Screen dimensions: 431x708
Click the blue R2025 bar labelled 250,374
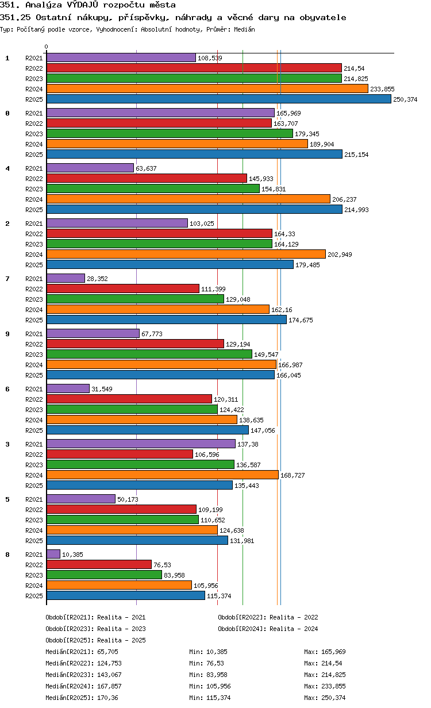point(218,99)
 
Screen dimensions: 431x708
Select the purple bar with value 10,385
point(53,554)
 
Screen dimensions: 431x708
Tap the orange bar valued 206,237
point(188,199)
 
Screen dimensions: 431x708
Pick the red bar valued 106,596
point(120,454)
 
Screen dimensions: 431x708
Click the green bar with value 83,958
point(104,575)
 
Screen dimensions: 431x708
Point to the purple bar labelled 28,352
point(66,279)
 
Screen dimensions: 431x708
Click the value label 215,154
point(356,155)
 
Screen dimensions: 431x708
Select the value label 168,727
point(293,475)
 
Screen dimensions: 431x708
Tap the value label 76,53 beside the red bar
point(162,564)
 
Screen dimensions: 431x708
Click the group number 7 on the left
point(7,279)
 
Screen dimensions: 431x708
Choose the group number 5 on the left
point(7,499)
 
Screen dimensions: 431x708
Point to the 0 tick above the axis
point(46,47)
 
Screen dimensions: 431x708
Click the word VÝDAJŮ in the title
point(83,5)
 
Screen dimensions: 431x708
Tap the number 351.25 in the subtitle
point(15,17)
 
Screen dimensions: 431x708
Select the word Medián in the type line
point(244,29)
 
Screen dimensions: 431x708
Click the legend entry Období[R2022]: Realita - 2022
point(268,617)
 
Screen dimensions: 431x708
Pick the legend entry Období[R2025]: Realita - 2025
point(96,640)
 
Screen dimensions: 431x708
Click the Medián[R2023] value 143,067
point(109,675)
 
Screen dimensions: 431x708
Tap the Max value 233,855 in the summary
point(333,686)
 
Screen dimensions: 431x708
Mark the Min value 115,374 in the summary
point(218,698)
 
